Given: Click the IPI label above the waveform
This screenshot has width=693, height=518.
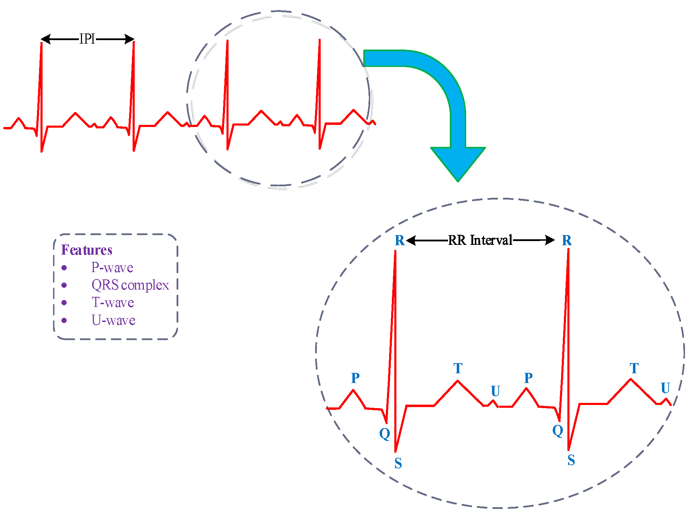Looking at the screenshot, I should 87,39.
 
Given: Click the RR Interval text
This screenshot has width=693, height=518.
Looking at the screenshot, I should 480,240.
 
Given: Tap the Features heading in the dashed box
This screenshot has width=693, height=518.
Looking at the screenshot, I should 87,250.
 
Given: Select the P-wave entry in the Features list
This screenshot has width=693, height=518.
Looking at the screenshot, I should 112,268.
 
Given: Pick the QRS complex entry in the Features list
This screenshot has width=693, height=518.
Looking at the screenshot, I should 130,285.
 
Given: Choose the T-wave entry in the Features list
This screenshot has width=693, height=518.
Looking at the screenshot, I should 113,302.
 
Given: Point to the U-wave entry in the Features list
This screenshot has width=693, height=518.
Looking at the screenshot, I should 113,320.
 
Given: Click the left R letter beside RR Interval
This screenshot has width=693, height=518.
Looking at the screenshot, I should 400,240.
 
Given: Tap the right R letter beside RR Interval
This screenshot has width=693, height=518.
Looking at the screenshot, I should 567,240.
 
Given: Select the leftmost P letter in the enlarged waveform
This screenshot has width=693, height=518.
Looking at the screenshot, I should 355,378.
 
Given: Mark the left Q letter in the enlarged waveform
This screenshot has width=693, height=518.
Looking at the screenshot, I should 385,434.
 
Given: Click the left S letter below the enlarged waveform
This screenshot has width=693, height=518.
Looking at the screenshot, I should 398,463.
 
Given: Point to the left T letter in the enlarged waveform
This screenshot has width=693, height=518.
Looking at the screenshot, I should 458,368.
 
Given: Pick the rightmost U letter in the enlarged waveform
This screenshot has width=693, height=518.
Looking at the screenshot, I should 665,388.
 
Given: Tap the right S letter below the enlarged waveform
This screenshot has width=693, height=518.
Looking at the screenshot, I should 571,460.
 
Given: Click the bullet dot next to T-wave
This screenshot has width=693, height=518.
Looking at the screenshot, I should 64,302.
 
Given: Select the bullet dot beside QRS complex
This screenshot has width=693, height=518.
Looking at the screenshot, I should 64,285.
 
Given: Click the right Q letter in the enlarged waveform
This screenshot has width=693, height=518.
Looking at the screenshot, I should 558,430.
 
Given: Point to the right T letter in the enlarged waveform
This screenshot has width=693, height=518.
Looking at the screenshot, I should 634,368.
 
